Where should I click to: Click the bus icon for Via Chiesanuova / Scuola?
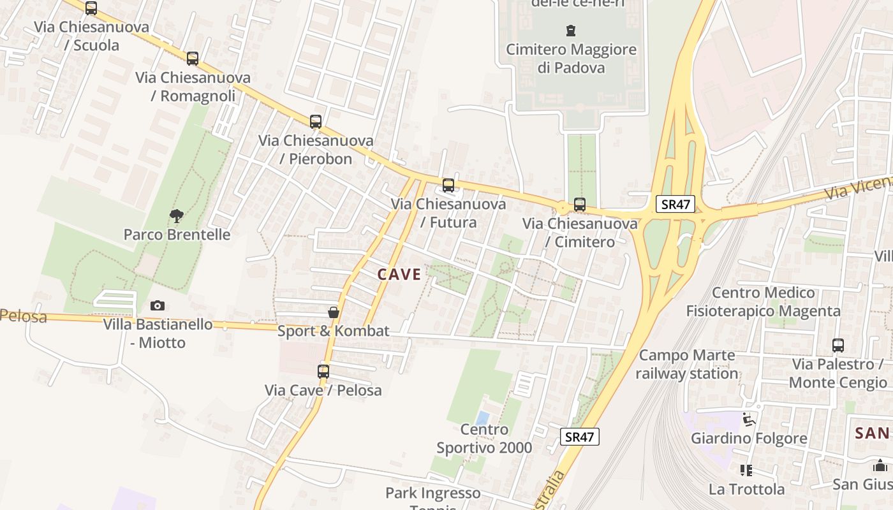91,8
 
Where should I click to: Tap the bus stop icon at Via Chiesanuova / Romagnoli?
193,59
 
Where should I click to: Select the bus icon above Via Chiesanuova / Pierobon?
315,121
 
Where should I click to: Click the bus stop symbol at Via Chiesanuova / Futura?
448,186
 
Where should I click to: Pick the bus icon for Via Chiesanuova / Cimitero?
579,205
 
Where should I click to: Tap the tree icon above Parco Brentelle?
177,216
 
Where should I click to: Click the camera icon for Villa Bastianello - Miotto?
158,306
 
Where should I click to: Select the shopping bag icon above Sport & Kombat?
333,312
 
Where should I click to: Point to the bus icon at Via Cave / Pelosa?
323,372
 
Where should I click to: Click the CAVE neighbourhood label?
399,275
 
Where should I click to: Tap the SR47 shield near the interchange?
675,204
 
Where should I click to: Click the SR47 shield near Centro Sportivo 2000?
580,437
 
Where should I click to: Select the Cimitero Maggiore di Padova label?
571,58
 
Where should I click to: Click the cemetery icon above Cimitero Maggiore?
571,30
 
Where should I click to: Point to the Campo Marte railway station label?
687,364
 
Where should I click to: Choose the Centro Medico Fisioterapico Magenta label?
763,302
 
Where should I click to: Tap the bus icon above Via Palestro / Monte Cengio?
838,346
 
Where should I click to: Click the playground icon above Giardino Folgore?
749,419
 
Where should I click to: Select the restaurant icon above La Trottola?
746,470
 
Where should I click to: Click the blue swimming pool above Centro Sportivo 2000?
483,418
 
